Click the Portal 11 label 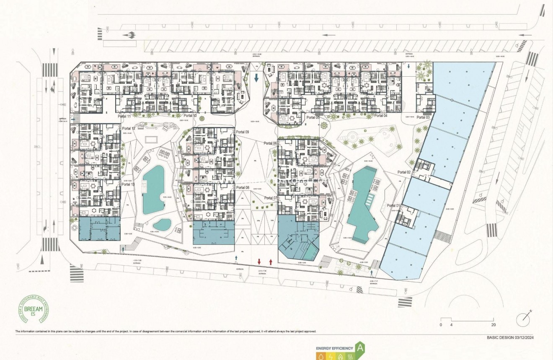pyautogui.click(x=124, y=116)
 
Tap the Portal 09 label pyautogui.click(x=243, y=132)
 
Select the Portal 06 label pyautogui.click(x=271, y=143)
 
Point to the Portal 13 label pyautogui.click(x=127, y=184)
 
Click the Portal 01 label pyautogui.click(x=393, y=205)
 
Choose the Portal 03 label pyautogui.click(x=422, y=117)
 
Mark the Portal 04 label pyautogui.click(x=381, y=116)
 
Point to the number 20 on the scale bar pyautogui.click(x=494, y=325)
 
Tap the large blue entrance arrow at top pyautogui.click(x=256, y=77)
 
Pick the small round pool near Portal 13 pyautogui.click(x=162, y=225)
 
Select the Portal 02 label pyautogui.click(x=404, y=172)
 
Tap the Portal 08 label pyautogui.click(x=243, y=188)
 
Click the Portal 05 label pyautogui.click(x=313, y=117)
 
